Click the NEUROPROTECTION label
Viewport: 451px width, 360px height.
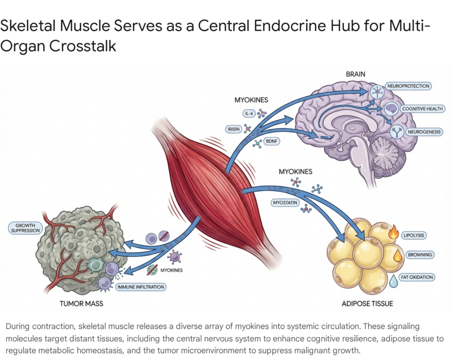(407, 86)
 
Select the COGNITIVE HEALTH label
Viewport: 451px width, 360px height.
(422, 109)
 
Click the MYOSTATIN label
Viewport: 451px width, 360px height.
(284, 202)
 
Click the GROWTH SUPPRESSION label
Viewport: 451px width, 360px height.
(25, 228)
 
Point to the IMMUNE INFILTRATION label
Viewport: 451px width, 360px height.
(140, 287)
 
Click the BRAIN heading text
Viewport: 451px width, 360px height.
(355, 74)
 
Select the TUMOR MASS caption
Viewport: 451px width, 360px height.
(81, 304)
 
